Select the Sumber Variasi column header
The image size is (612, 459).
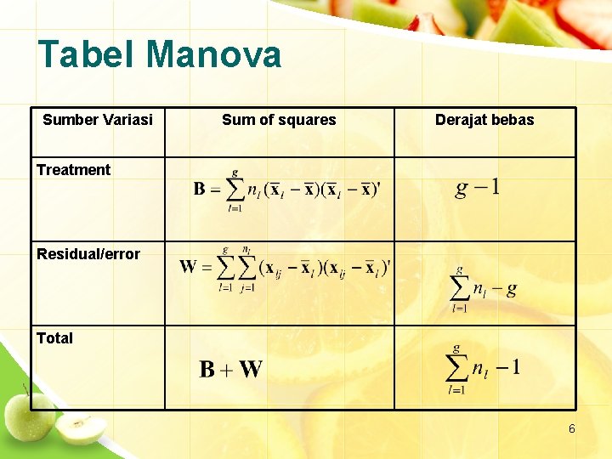click(x=98, y=120)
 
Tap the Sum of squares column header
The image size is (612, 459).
click(x=279, y=120)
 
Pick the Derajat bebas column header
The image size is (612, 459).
click(x=484, y=120)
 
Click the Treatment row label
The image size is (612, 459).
click(x=73, y=169)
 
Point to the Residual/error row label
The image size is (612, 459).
click(x=88, y=253)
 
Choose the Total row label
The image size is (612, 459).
click(x=54, y=337)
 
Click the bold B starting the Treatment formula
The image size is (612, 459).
click(x=200, y=189)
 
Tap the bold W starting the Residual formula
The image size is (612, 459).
click(x=188, y=267)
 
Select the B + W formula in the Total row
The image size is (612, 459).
click(x=230, y=369)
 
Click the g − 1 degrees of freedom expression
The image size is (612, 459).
click(x=478, y=187)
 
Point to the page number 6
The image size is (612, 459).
click(x=572, y=429)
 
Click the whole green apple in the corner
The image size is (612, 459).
click(x=31, y=414)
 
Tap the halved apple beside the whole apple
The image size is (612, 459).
click(x=82, y=429)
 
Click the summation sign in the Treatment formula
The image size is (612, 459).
click(x=235, y=189)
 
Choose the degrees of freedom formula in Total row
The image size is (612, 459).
click(x=483, y=369)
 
